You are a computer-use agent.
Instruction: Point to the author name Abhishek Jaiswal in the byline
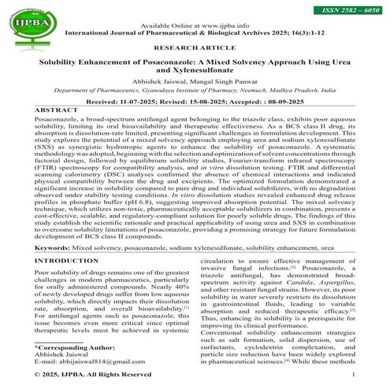(x=157, y=80)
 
